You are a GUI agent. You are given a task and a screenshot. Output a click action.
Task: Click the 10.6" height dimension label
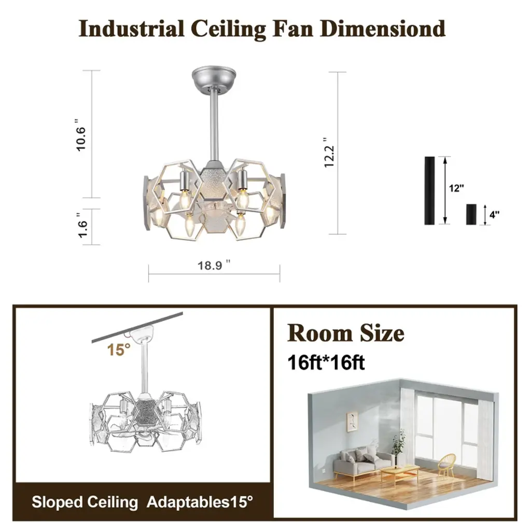[x=80, y=135]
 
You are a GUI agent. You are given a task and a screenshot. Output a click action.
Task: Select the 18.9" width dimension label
[x=214, y=265]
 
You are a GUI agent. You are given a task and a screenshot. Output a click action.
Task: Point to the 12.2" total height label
[x=329, y=152]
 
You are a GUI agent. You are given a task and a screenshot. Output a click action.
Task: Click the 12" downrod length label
[x=456, y=188]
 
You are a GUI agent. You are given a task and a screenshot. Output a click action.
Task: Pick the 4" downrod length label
[x=494, y=215]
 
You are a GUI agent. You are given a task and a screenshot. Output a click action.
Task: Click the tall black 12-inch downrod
[x=429, y=190]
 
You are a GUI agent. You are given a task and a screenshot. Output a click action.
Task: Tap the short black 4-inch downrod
[x=471, y=214]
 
